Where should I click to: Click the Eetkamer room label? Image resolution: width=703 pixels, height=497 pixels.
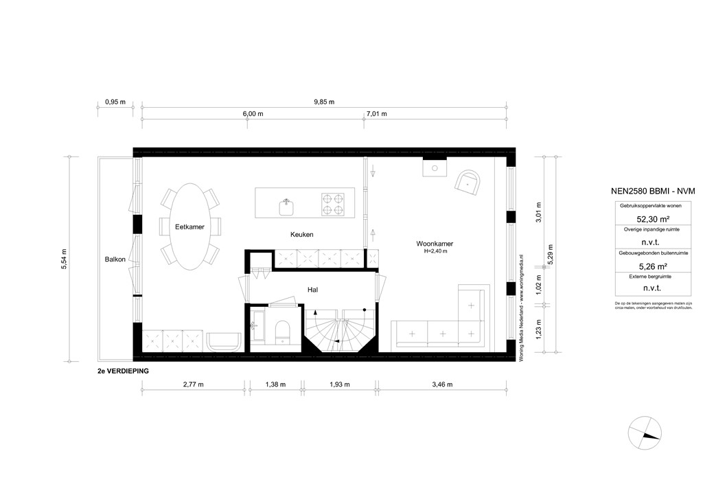[x=189, y=227]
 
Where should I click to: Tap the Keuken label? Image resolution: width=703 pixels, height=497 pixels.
[x=302, y=235]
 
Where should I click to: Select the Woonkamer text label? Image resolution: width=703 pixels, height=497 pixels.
[x=435, y=244]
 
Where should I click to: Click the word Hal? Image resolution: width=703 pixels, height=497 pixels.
[x=312, y=290]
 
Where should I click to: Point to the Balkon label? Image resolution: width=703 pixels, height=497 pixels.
[x=115, y=259]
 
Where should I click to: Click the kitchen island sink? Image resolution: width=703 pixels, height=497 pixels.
[x=287, y=204]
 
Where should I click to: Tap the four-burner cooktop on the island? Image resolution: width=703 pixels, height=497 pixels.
[x=333, y=203]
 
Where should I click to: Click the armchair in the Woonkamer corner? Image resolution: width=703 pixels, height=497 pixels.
[x=468, y=183]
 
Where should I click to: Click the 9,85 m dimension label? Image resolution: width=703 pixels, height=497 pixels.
[x=323, y=102]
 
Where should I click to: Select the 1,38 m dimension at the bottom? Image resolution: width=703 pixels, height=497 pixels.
[x=275, y=384]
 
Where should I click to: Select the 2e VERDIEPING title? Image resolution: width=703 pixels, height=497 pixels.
[x=124, y=370]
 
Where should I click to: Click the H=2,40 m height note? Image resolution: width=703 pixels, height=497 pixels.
[x=435, y=252]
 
